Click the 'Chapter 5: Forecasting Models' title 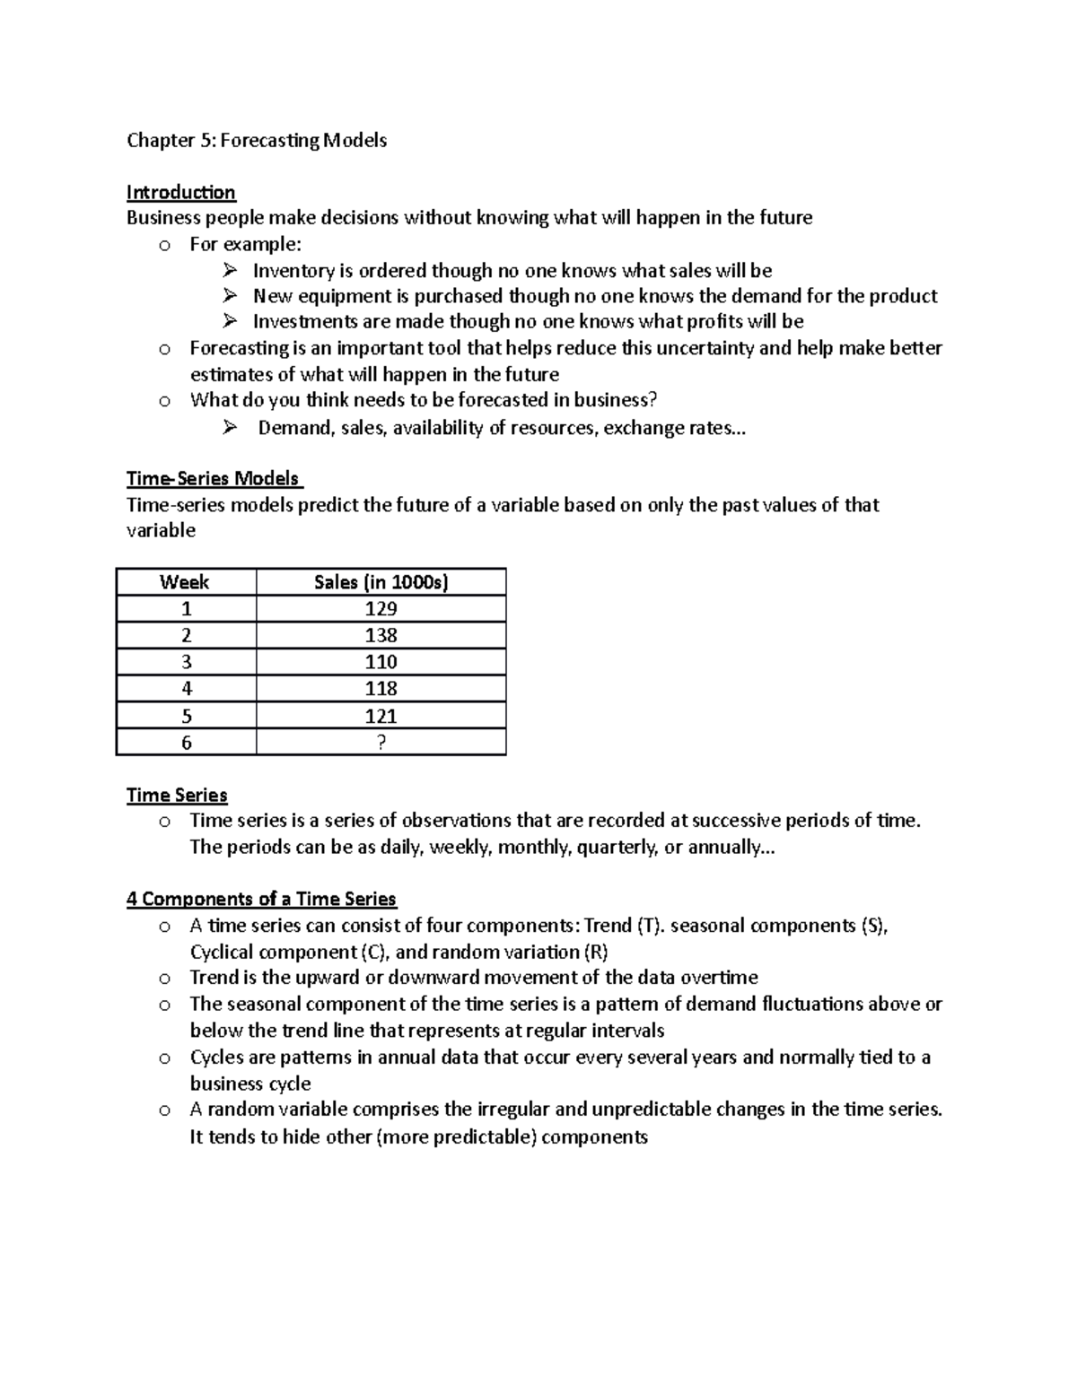coord(257,140)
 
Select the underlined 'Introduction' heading coord(180,192)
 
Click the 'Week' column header coord(185,582)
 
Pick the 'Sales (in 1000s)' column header coord(381,582)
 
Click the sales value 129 coord(381,609)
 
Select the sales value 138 coord(381,636)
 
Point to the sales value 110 coord(381,662)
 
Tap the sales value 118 coord(381,689)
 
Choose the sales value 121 coord(381,716)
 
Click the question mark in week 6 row coord(381,743)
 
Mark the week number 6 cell coord(186,743)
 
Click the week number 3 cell coord(186,662)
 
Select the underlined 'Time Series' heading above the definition coord(177,795)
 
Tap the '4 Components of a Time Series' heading coord(261,899)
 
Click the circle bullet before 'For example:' coord(164,246)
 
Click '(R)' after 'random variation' coord(595,952)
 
